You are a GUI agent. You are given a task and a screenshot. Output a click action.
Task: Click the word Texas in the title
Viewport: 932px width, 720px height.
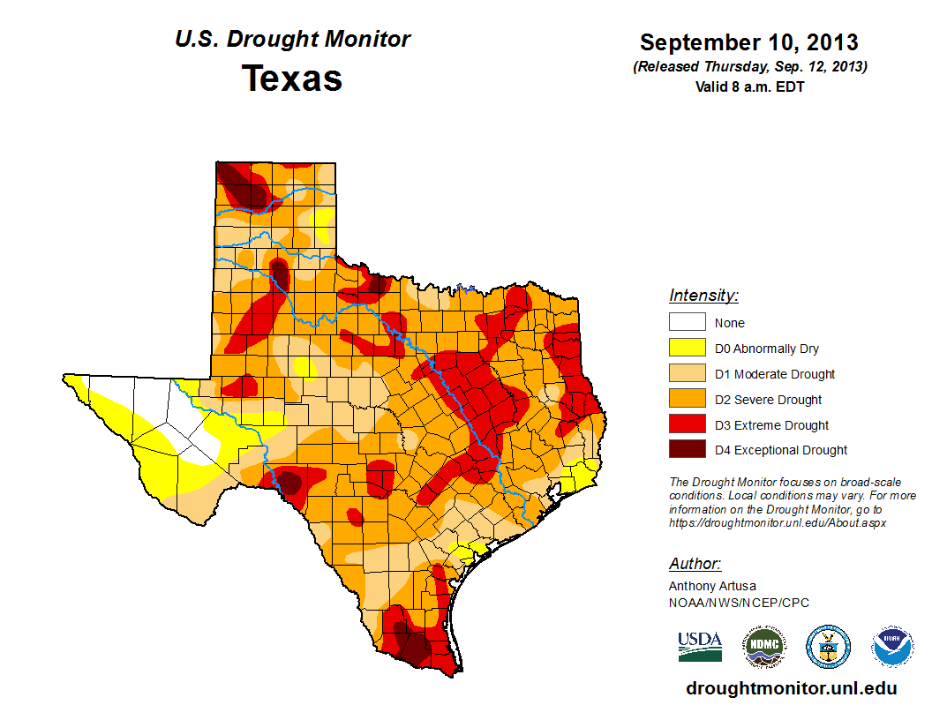point(292,79)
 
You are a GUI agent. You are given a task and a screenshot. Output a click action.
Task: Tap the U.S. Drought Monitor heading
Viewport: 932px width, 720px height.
point(292,40)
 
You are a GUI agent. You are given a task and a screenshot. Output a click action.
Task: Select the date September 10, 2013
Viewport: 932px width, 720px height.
point(748,42)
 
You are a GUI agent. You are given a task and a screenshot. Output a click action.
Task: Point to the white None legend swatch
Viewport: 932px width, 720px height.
point(687,323)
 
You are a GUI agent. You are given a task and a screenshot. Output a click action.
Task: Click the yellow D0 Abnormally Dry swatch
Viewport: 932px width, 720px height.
point(687,349)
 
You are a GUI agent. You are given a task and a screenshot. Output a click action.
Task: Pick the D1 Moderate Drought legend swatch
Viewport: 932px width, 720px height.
point(687,374)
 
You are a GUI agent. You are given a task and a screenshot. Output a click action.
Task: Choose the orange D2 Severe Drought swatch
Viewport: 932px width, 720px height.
point(687,400)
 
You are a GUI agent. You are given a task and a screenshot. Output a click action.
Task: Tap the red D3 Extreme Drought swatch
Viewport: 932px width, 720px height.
point(687,425)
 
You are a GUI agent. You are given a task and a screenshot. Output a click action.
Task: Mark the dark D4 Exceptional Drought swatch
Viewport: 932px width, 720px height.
point(687,450)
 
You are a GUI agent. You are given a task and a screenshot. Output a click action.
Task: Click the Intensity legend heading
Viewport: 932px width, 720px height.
point(703,296)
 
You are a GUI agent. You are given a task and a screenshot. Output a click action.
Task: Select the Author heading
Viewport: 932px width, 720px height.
point(695,564)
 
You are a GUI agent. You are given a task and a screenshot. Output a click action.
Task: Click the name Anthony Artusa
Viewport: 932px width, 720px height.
point(712,586)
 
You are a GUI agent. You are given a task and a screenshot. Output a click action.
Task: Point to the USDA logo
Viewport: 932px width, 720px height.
point(700,646)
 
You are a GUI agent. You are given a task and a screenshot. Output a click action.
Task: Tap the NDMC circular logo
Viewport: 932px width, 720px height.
point(763,647)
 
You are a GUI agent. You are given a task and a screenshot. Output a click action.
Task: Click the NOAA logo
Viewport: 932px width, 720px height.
point(892,647)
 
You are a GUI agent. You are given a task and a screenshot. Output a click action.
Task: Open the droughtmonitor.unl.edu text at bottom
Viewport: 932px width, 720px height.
point(791,689)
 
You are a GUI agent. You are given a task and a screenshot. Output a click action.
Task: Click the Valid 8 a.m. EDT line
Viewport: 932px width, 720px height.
point(749,86)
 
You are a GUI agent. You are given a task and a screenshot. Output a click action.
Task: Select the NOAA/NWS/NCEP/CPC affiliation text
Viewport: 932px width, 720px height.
point(739,603)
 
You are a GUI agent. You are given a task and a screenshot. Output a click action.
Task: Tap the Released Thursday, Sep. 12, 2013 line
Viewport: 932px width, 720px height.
point(749,67)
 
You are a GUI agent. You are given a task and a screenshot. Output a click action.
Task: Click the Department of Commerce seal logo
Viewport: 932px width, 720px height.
point(828,647)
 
